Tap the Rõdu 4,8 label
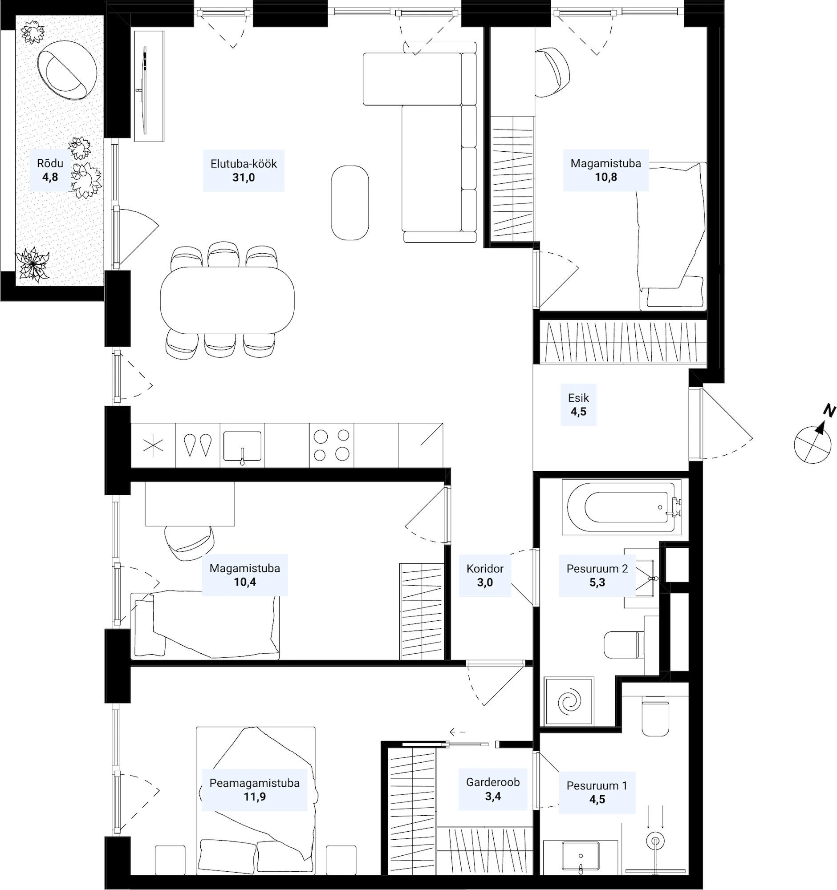tap(50, 170)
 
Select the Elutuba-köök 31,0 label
tap(244, 170)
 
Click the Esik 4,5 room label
tap(578, 405)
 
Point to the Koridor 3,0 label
tap(485, 575)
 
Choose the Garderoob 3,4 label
tap(492, 789)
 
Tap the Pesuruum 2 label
tap(597, 569)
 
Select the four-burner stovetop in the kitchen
tap(331, 445)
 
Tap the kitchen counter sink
tap(242, 446)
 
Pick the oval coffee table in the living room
tap(350, 203)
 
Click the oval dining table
tap(228, 300)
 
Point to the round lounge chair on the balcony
tap(67, 70)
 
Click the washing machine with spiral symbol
tap(569, 701)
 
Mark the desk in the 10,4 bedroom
tap(190, 505)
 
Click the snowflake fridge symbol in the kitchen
tap(153, 446)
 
